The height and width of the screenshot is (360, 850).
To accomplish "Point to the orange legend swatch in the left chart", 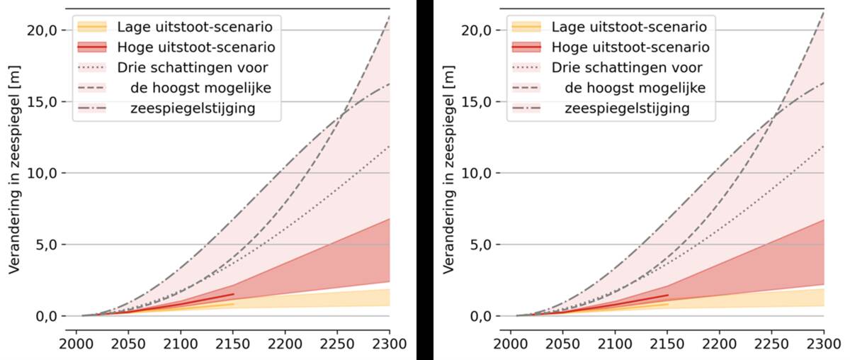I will point(92,27).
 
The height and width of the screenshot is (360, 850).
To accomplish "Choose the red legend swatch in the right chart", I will point(526,47).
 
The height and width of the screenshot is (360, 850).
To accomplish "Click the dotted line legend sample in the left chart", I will point(92,68).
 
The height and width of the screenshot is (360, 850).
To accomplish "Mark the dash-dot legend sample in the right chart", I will point(526,109).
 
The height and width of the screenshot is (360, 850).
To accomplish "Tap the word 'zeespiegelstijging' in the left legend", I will point(193,109).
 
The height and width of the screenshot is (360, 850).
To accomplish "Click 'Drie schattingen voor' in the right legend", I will point(627,68).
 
